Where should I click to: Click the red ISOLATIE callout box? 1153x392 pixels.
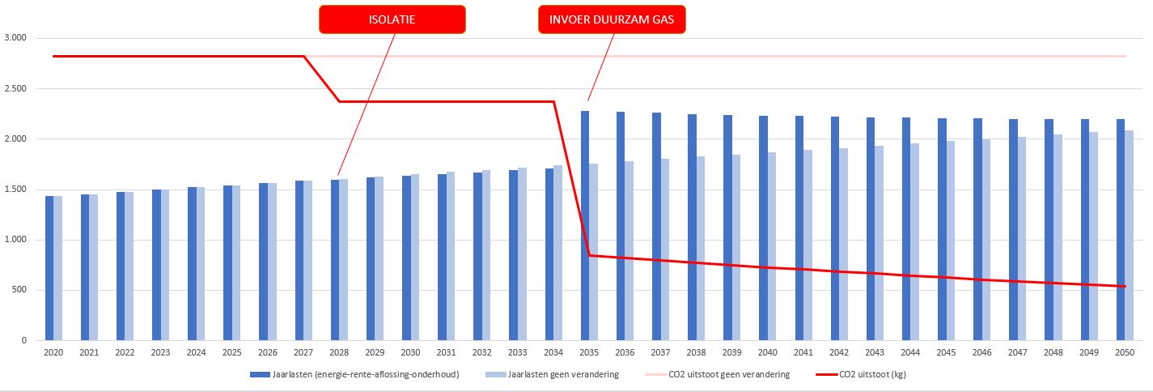tap(392, 19)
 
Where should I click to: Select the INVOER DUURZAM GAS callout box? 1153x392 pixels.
tap(612, 19)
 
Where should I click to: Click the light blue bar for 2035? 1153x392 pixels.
tap(593, 252)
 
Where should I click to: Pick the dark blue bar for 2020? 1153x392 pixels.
tap(49, 268)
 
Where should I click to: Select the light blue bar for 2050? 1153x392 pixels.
tap(1129, 235)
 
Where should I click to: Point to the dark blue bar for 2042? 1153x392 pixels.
tap(834, 228)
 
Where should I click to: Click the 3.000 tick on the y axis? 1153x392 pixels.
tap(15, 38)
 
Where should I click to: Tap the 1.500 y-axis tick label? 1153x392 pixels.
tap(15, 190)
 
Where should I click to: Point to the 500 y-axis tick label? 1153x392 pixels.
tap(19, 290)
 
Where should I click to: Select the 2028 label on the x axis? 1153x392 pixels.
tap(339, 353)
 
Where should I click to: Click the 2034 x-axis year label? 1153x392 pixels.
tap(553, 353)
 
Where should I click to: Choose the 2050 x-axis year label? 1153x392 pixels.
tap(1125, 353)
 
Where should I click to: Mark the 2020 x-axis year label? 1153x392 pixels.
tap(53, 353)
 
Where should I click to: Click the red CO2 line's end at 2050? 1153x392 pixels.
tap(1125, 286)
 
